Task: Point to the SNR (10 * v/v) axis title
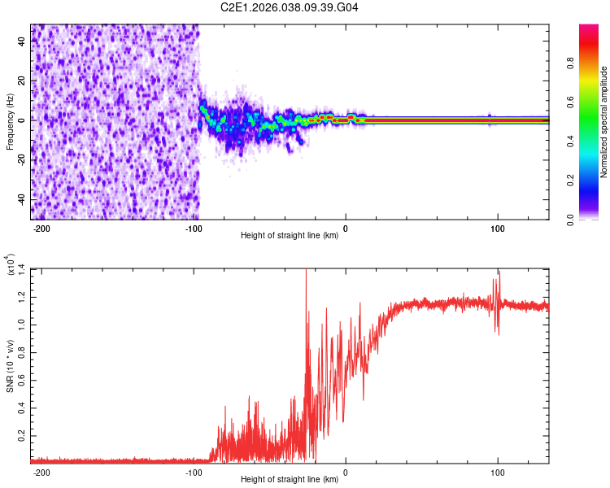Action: [x=10, y=364]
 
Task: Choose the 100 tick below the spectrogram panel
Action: [x=498, y=229]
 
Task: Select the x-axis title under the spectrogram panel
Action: [x=290, y=237]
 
